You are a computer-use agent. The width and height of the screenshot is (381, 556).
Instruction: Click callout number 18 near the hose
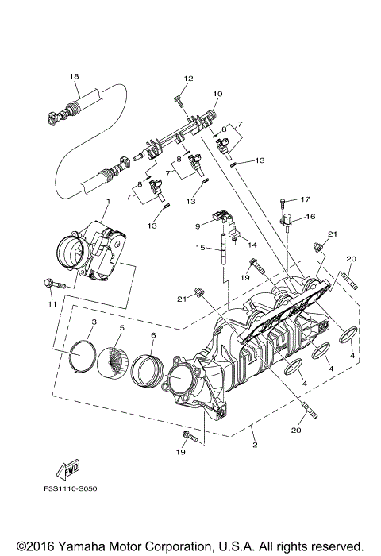[x=75, y=77]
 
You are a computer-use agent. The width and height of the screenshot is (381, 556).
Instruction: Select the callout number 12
[x=188, y=79]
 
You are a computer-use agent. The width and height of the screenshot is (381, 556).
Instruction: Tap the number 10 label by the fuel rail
[x=217, y=95]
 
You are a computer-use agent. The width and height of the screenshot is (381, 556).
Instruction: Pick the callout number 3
[x=94, y=322]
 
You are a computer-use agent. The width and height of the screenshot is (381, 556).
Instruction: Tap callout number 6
[x=153, y=336]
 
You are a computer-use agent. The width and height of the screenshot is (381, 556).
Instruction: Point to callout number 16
[x=311, y=217]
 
